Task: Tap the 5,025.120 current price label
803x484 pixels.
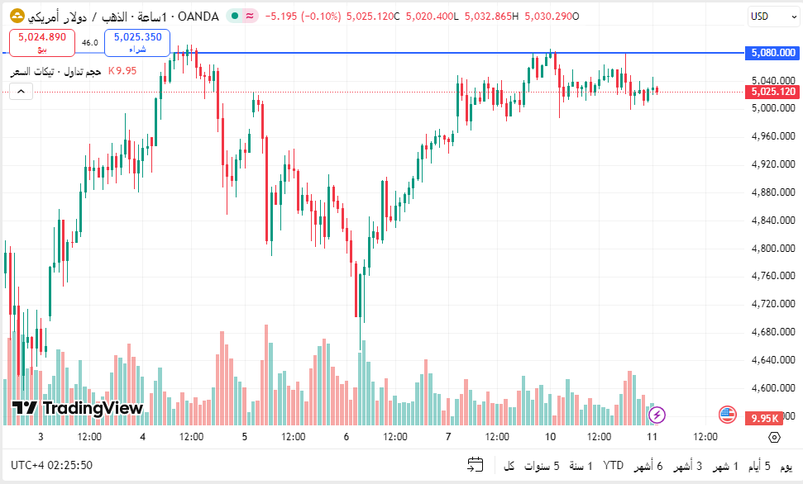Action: coord(773,92)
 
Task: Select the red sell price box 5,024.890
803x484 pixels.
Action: coord(42,41)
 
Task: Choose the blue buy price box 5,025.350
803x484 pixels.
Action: coord(137,41)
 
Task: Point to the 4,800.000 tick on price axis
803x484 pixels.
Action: coord(773,248)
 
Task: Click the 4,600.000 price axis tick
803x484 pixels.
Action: coord(773,388)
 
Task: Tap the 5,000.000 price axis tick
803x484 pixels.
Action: coord(773,107)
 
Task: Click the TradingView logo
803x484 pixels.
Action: coord(78,408)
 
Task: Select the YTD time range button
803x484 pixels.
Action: coord(614,466)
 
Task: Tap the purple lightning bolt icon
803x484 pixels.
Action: coord(657,415)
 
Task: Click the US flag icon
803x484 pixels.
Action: coord(728,415)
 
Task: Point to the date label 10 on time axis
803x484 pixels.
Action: coord(550,437)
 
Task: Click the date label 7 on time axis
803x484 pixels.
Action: coord(448,437)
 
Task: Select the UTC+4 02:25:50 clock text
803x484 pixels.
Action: coord(52,465)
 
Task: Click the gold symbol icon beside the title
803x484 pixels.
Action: coord(17,17)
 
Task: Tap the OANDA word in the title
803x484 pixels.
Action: coord(198,17)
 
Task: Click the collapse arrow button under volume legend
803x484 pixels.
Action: coord(21,91)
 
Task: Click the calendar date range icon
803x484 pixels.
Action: coord(475,465)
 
